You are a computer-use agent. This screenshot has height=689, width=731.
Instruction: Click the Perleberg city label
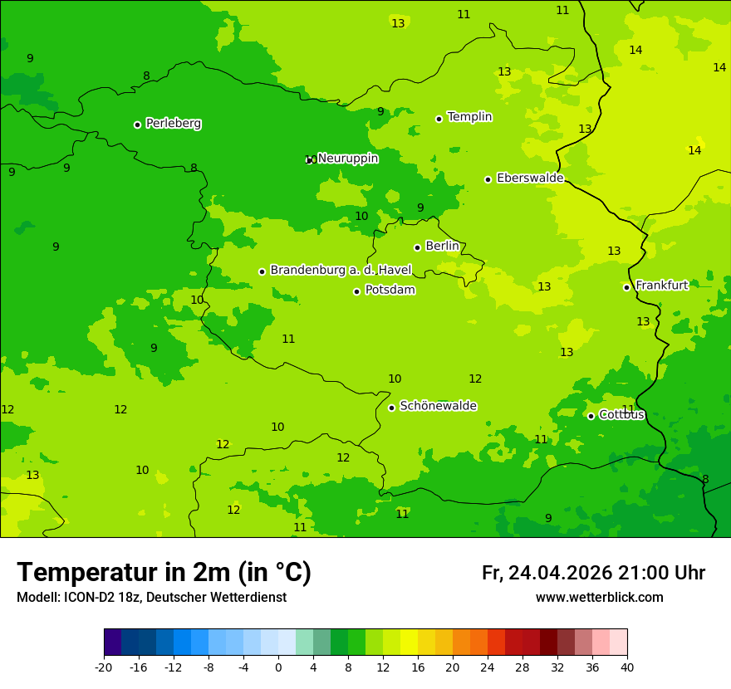pyautogui.click(x=173, y=124)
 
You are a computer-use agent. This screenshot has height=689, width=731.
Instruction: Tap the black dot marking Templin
pyautogui.click(x=439, y=119)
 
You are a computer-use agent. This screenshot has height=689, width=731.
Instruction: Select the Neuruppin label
pyautogui.click(x=347, y=159)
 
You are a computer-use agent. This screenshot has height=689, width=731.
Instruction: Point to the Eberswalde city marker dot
pyautogui.click(x=488, y=179)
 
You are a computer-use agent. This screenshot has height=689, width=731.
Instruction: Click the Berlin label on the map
pyautogui.click(x=442, y=247)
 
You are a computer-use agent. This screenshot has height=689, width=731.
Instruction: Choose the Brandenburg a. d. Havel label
pyautogui.click(x=341, y=270)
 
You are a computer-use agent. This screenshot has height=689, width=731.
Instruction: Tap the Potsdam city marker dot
pyautogui.click(x=356, y=291)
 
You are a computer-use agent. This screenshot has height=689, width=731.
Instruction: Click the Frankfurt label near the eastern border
pyautogui.click(x=661, y=286)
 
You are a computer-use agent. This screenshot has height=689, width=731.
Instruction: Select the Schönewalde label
pyautogui.click(x=438, y=406)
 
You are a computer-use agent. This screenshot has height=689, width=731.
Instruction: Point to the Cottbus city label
pyautogui.click(x=621, y=415)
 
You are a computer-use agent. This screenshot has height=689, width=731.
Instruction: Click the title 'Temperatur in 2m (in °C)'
pyautogui.click(x=164, y=573)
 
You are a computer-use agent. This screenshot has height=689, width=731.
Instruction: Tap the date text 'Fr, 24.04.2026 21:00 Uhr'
pyautogui.click(x=593, y=574)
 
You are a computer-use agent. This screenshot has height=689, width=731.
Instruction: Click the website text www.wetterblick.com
pyautogui.click(x=599, y=598)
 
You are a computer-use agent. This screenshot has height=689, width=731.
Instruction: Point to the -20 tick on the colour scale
pyautogui.click(x=104, y=667)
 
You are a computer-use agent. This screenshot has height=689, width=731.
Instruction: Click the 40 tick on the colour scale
pyautogui.click(x=626, y=667)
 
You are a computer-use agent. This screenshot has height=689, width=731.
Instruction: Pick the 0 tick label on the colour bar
pyautogui.click(x=278, y=667)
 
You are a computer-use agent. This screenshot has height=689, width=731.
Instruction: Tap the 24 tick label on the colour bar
pyautogui.click(x=487, y=667)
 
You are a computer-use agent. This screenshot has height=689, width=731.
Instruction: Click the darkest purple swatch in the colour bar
pyautogui.click(x=113, y=643)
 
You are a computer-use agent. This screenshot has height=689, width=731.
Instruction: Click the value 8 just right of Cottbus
pyautogui.click(x=705, y=480)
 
